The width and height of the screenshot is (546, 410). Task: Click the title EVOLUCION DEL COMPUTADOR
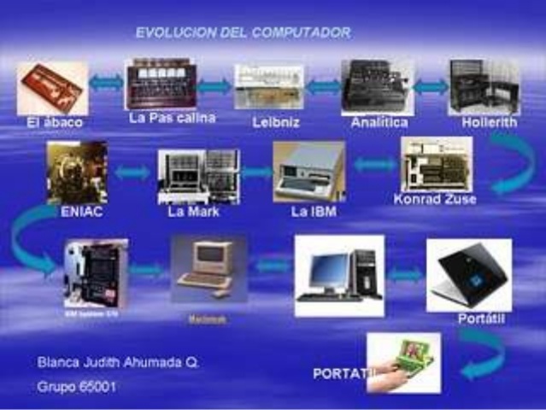244,32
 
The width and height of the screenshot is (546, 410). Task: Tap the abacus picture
53,87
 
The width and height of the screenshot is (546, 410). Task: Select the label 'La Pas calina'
172,118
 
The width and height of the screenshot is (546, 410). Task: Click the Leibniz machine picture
268,86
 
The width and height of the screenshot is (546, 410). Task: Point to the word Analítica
379,122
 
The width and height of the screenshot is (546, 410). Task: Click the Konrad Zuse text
435,200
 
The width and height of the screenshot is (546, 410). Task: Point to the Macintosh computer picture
208,267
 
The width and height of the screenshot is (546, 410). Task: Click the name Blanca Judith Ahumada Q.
118,361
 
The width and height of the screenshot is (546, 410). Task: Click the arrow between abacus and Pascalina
107,84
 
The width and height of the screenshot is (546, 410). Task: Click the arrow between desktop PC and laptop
405,275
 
